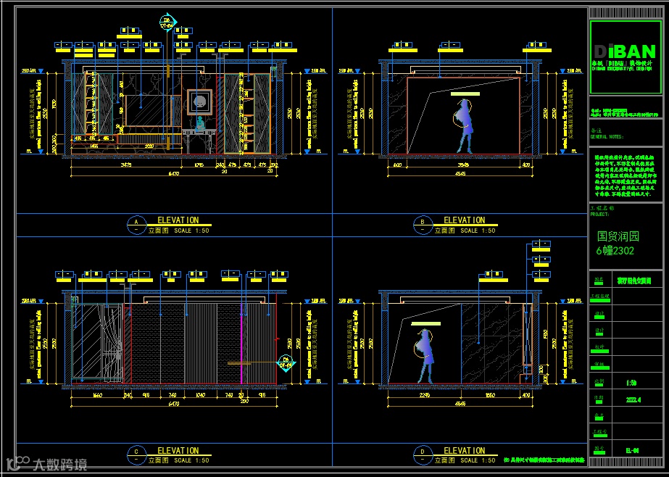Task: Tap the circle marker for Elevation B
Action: [422, 223]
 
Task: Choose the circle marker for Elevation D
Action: [422, 454]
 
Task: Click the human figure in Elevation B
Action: [464, 125]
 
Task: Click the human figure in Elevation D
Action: [425, 354]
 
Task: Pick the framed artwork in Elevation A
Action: [199, 101]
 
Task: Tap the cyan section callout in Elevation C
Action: [286, 362]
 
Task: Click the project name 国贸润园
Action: [618, 236]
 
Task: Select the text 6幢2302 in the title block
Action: [615, 251]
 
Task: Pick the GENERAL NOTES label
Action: [607, 136]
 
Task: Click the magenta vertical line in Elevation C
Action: [241, 341]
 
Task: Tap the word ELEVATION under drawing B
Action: [465, 220]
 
